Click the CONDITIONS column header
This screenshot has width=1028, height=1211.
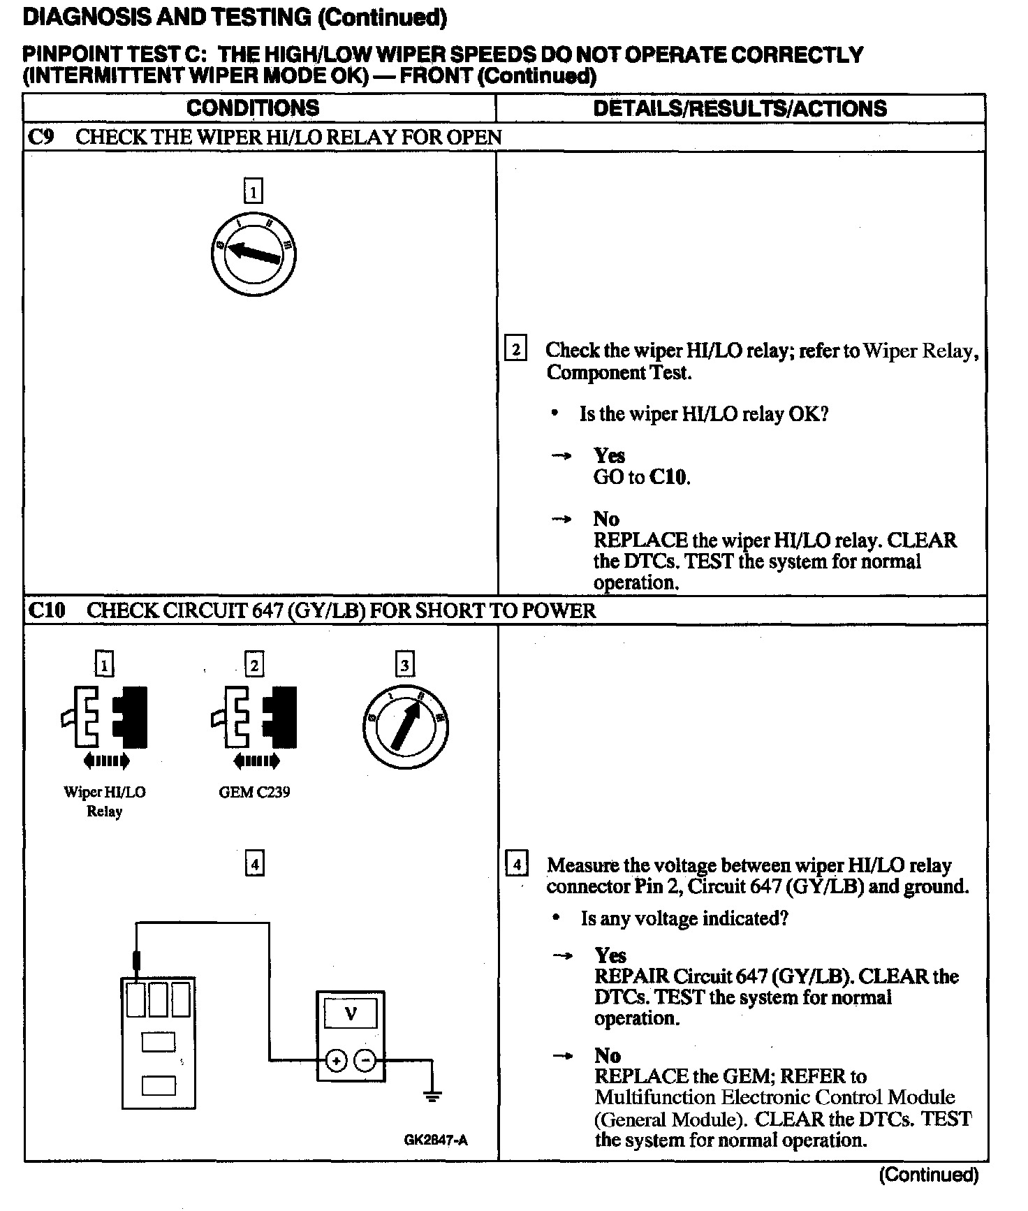(x=253, y=108)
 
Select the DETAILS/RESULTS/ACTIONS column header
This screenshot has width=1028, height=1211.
(x=740, y=108)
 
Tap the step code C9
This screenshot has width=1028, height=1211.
(x=41, y=137)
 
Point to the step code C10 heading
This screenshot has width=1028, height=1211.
(x=47, y=610)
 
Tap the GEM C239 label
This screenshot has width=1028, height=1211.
(x=254, y=792)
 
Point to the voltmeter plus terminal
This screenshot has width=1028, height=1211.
(x=337, y=1061)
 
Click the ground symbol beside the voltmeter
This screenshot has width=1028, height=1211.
(x=432, y=1096)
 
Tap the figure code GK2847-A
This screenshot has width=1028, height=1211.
(x=436, y=1140)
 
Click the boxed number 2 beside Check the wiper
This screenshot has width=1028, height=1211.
(x=515, y=348)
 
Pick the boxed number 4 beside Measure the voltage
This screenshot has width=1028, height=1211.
(x=517, y=865)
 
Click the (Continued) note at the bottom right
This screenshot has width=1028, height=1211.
(x=929, y=1175)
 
